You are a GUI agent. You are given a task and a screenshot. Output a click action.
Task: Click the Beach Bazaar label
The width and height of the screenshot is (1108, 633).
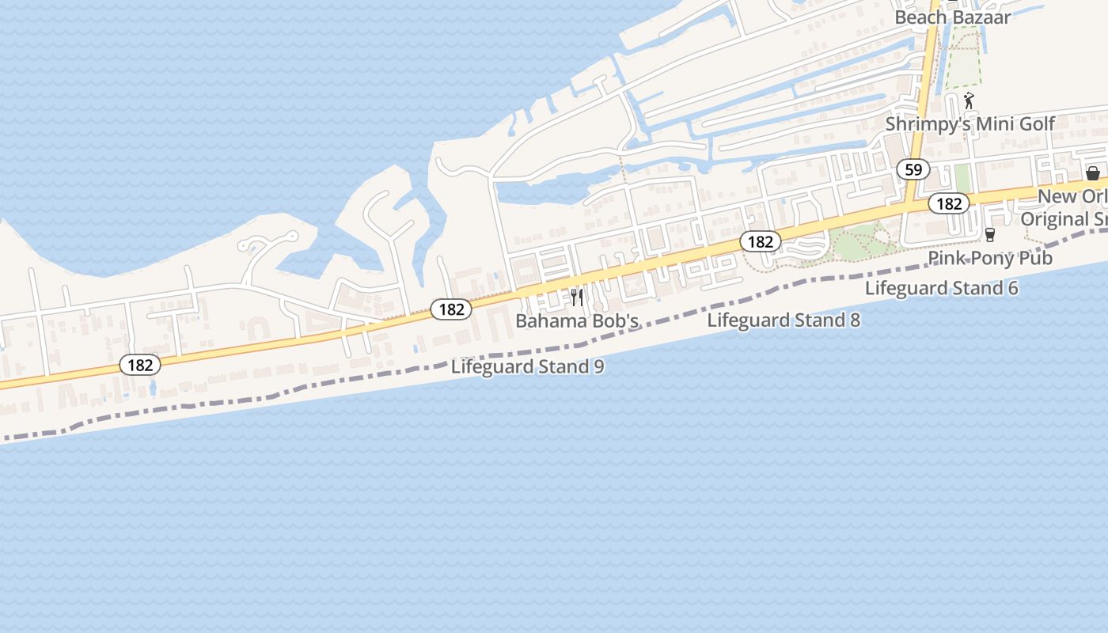[x=952, y=17]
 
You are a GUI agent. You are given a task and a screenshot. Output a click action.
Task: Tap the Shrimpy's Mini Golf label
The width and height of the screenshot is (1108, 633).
[x=970, y=124]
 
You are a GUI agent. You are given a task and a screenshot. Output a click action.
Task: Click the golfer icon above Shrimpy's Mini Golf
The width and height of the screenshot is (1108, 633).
[x=969, y=100]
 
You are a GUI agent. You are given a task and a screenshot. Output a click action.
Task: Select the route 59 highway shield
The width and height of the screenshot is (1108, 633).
[x=913, y=169]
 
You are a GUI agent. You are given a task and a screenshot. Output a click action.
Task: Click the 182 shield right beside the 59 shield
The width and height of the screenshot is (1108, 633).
[x=948, y=204]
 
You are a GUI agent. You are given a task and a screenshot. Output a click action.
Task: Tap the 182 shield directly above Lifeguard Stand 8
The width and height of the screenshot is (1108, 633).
[x=760, y=242]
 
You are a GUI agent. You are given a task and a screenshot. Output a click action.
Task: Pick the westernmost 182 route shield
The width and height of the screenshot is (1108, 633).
[x=140, y=365]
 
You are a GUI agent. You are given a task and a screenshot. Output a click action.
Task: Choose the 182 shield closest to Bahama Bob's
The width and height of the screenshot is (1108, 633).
[x=451, y=309]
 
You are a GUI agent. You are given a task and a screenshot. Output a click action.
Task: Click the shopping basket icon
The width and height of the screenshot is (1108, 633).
[x=1093, y=173]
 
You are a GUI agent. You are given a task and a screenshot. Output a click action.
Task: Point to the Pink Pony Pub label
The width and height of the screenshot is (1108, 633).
[x=990, y=258]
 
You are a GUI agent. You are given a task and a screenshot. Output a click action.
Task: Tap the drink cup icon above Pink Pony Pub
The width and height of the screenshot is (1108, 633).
[x=989, y=235]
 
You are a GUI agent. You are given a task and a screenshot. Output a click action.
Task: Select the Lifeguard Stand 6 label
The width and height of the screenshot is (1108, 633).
[x=941, y=288]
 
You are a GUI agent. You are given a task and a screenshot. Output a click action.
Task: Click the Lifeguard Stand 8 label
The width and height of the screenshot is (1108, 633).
[x=784, y=320]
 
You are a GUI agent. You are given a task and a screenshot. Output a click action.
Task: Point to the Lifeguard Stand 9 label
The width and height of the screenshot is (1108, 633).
[x=528, y=367]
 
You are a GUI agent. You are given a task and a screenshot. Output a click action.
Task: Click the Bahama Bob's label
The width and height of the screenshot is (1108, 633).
[x=577, y=321]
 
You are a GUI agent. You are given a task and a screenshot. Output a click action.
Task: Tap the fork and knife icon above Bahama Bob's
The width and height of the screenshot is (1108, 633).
[x=577, y=298]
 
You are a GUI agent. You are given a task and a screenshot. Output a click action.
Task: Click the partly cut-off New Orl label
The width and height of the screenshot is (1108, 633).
[x=1072, y=196]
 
